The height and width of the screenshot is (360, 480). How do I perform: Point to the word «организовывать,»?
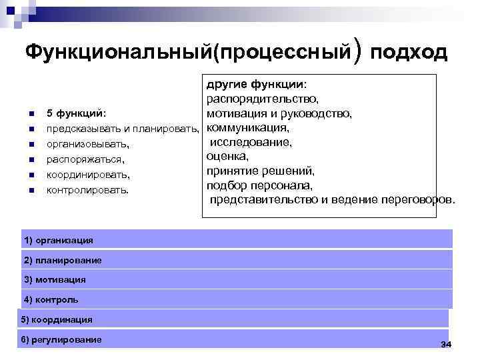pyautogui.click(x=87, y=143)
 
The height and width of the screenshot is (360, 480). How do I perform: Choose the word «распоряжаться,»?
pyautogui.click(x=85, y=159)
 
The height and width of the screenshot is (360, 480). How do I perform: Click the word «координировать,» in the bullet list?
pyautogui.click(x=88, y=175)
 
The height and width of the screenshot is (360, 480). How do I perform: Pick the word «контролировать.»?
pyautogui.click(x=87, y=191)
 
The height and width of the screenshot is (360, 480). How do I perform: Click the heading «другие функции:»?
pyautogui.click(x=257, y=85)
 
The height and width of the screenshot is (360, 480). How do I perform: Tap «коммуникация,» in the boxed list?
pyautogui.click(x=247, y=127)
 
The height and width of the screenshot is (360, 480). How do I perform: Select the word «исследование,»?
pyautogui.click(x=251, y=142)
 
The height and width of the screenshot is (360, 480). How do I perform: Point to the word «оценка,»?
pyautogui.click(x=227, y=156)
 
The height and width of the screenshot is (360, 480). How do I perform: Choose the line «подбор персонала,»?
pyautogui.click(x=259, y=185)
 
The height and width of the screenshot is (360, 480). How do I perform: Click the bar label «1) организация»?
pyautogui.click(x=58, y=240)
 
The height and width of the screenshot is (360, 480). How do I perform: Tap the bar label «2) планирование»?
pyautogui.click(x=63, y=260)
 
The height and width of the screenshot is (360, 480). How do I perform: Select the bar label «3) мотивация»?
pyautogui.click(x=55, y=279)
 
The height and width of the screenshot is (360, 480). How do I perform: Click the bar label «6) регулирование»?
pyautogui.click(x=61, y=339)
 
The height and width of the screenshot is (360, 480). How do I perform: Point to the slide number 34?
pyautogui.click(x=446, y=343)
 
